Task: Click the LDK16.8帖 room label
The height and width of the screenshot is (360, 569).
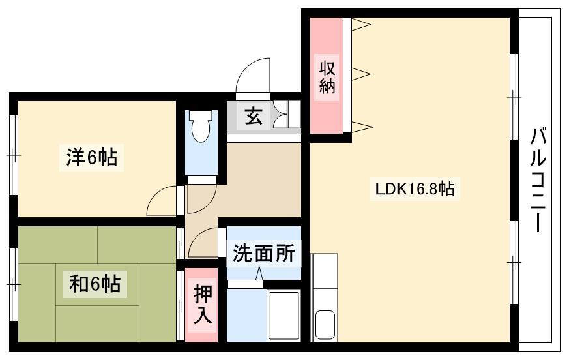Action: click(x=415, y=189)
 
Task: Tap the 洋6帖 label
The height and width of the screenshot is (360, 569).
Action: click(x=92, y=158)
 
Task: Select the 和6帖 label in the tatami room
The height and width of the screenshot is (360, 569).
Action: click(x=95, y=284)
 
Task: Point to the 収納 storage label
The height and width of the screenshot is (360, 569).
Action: click(x=327, y=78)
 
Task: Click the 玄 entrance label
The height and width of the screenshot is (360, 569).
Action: click(x=254, y=116)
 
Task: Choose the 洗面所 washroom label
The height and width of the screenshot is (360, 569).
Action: click(x=264, y=252)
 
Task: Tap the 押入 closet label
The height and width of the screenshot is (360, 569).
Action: click(x=202, y=305)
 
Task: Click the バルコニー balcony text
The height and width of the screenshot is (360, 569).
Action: click(x=538, y=179)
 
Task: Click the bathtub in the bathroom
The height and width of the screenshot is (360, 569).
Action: click(x=284, y=316)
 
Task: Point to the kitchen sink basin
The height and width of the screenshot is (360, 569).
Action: click(x=325, y=324)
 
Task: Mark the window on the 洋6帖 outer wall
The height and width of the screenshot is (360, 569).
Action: click(x=14, y=155)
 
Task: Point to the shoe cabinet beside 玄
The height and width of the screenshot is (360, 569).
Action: click(x=287, y=115)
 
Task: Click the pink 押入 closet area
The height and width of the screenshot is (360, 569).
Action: click(x=201, y=305)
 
